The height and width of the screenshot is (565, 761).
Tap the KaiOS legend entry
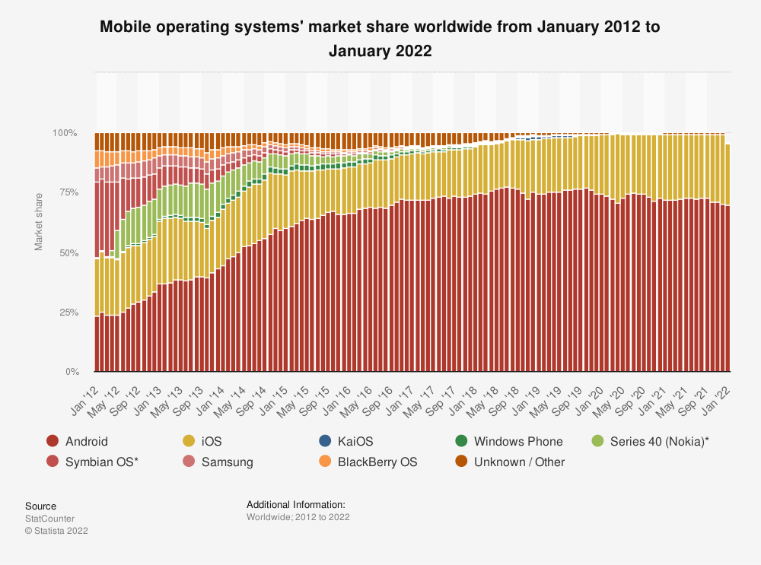click(346, 441)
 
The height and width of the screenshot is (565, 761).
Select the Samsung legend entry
click(218, 462)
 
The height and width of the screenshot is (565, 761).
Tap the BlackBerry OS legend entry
click(368, 462)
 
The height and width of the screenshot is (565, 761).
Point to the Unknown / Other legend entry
click(510, 462)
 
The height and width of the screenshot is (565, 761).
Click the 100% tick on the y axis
click(65, 133)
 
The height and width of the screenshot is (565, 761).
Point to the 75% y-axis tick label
click(67, 192)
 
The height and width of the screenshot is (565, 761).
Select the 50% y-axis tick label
click(67, 252)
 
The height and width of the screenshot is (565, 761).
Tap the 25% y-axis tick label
click(67, 313)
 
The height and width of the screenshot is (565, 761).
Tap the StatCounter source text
click(49, 519)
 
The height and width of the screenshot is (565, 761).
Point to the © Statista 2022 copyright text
click(56, 531)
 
